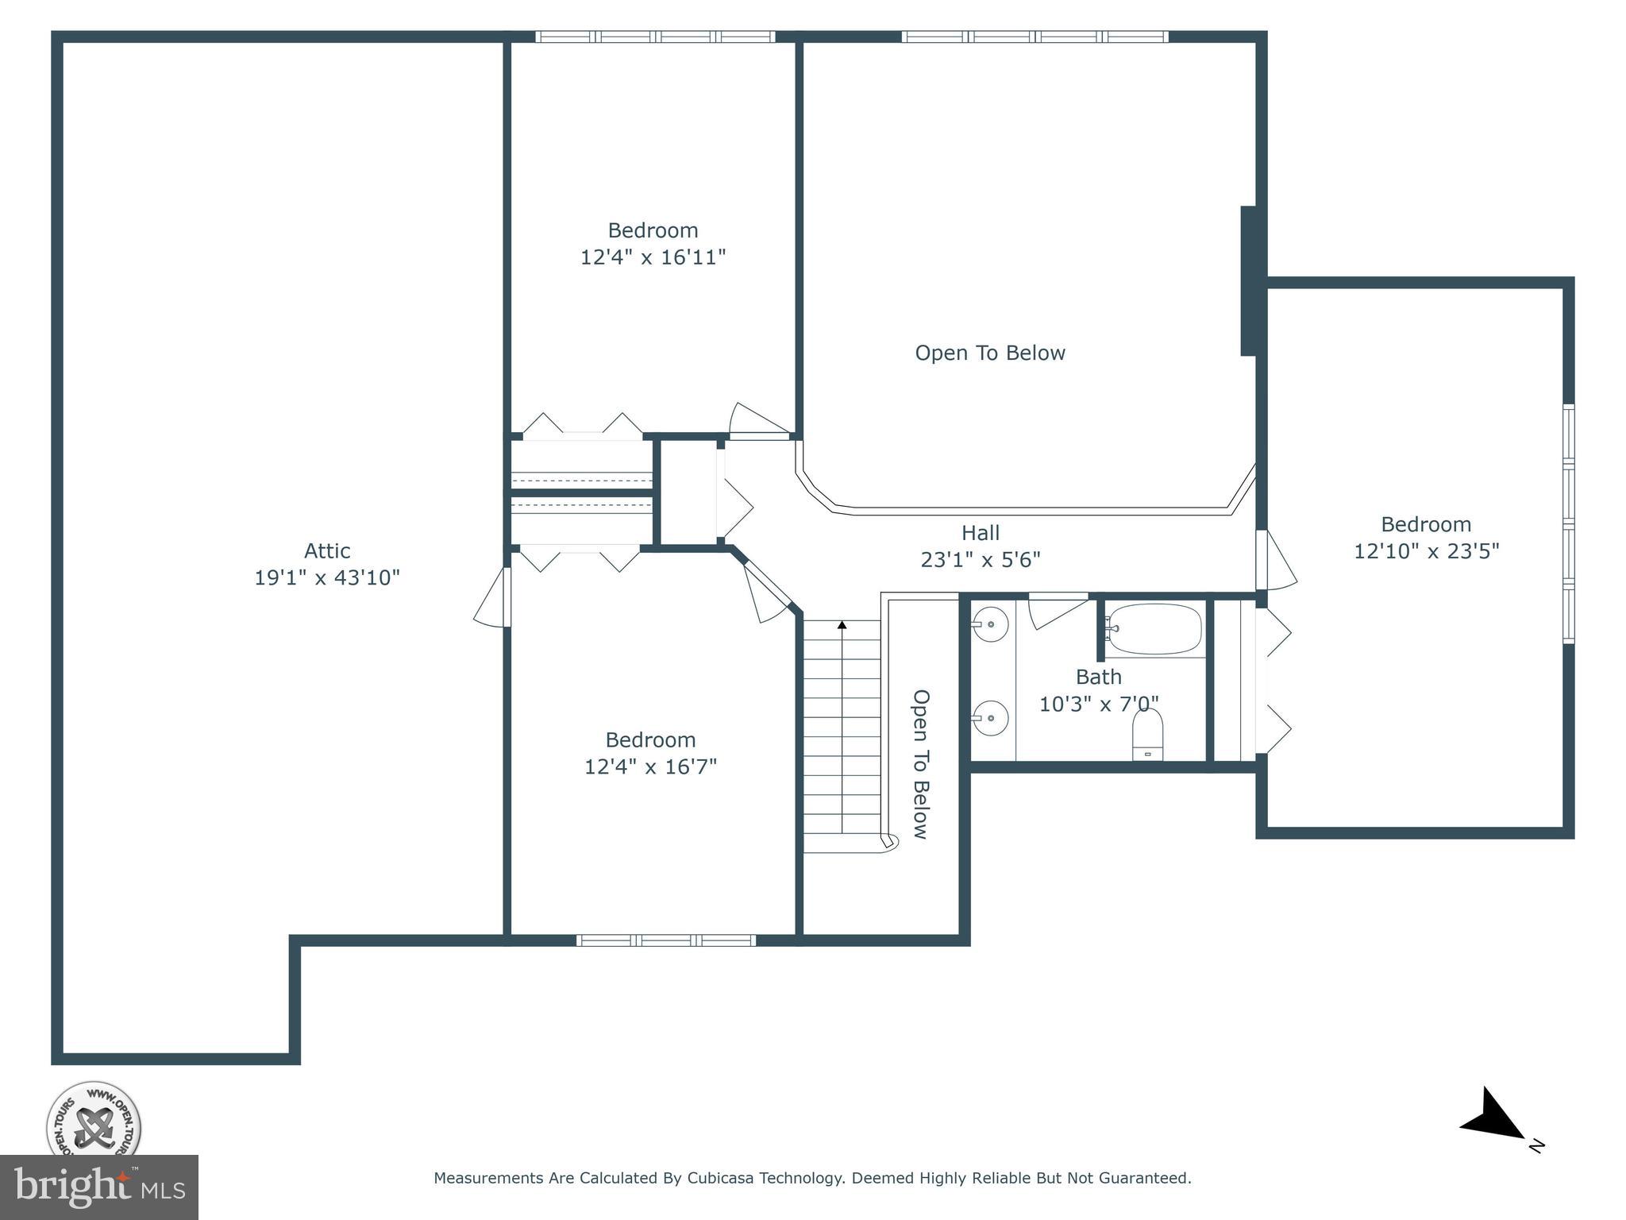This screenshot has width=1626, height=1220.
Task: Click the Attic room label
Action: coord(327,550)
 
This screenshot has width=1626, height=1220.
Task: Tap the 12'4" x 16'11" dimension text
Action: coord(653,257)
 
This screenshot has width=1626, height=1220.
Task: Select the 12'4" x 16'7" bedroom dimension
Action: coord(650,766)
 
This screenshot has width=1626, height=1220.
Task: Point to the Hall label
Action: coord(981,533)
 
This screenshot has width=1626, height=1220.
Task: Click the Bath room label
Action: coord(1098,677)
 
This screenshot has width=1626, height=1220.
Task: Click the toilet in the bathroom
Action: coord(1147,735)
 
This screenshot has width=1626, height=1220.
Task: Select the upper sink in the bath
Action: coord(990,624)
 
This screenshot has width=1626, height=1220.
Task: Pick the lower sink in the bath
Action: coord(990,718)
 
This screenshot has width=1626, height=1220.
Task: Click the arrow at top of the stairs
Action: coord(842,626)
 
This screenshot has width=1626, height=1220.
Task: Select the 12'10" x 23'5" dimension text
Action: coord(1426,551)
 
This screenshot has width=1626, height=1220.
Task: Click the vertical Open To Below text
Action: coord(920,763)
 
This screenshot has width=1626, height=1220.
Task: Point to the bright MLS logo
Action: coord(98,1187)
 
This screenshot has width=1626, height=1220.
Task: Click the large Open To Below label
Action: coord(989,353)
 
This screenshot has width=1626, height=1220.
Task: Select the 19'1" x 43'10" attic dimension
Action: coord(326,577)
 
